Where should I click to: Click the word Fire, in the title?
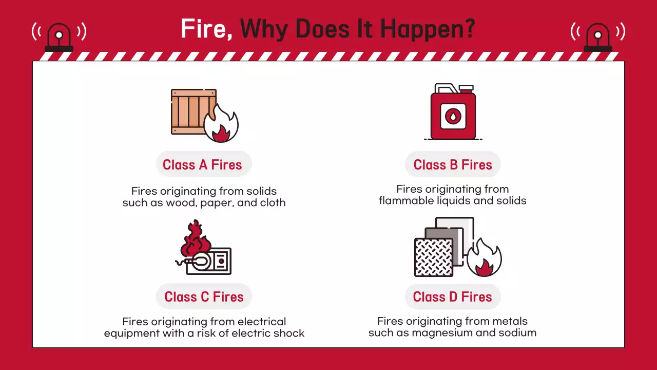pos(206,28)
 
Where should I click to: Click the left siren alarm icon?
pos(59,36)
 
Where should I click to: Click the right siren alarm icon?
pos(598,36)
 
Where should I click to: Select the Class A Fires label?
pos(202,165)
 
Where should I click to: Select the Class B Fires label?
pos(453,165)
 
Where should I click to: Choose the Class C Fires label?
pos(204,297)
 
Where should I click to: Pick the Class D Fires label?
pos(453,297)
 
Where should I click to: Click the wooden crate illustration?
pos(190,112)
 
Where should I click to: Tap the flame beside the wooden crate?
pos(221,124)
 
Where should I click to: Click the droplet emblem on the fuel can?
pos(453,116)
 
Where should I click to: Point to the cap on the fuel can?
pos(467,88)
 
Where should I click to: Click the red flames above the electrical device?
pos(195,238)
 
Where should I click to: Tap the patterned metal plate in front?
pos(434,257)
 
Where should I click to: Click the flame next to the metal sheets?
pos(484,258)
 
